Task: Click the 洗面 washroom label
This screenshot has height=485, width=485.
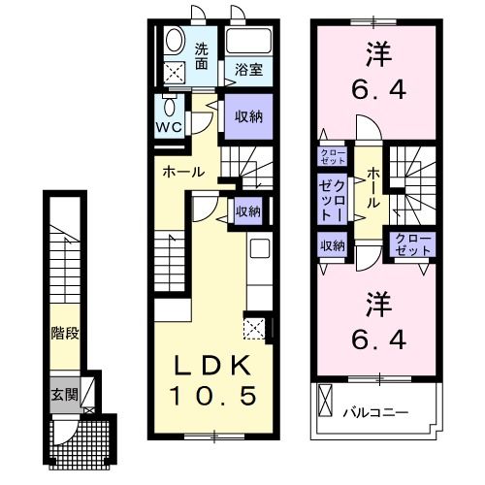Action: click(x=201, y=57)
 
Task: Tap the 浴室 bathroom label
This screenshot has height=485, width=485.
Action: click(x=249, y=70)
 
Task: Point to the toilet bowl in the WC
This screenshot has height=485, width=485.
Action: click(x=170, y=106)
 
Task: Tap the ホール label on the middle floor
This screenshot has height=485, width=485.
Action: click(x=183, y=172)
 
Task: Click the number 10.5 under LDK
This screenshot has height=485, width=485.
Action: click(x=215, y=396)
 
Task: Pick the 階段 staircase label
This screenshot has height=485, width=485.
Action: click(x=65, y=333)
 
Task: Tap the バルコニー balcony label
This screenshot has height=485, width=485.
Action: click(x=374, y=412)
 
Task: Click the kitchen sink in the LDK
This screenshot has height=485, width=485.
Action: click(x=259, y=249)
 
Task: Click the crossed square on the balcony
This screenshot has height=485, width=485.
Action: click(x=325, y=399)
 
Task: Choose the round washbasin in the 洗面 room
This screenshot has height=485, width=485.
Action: click(x=175, y=40)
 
